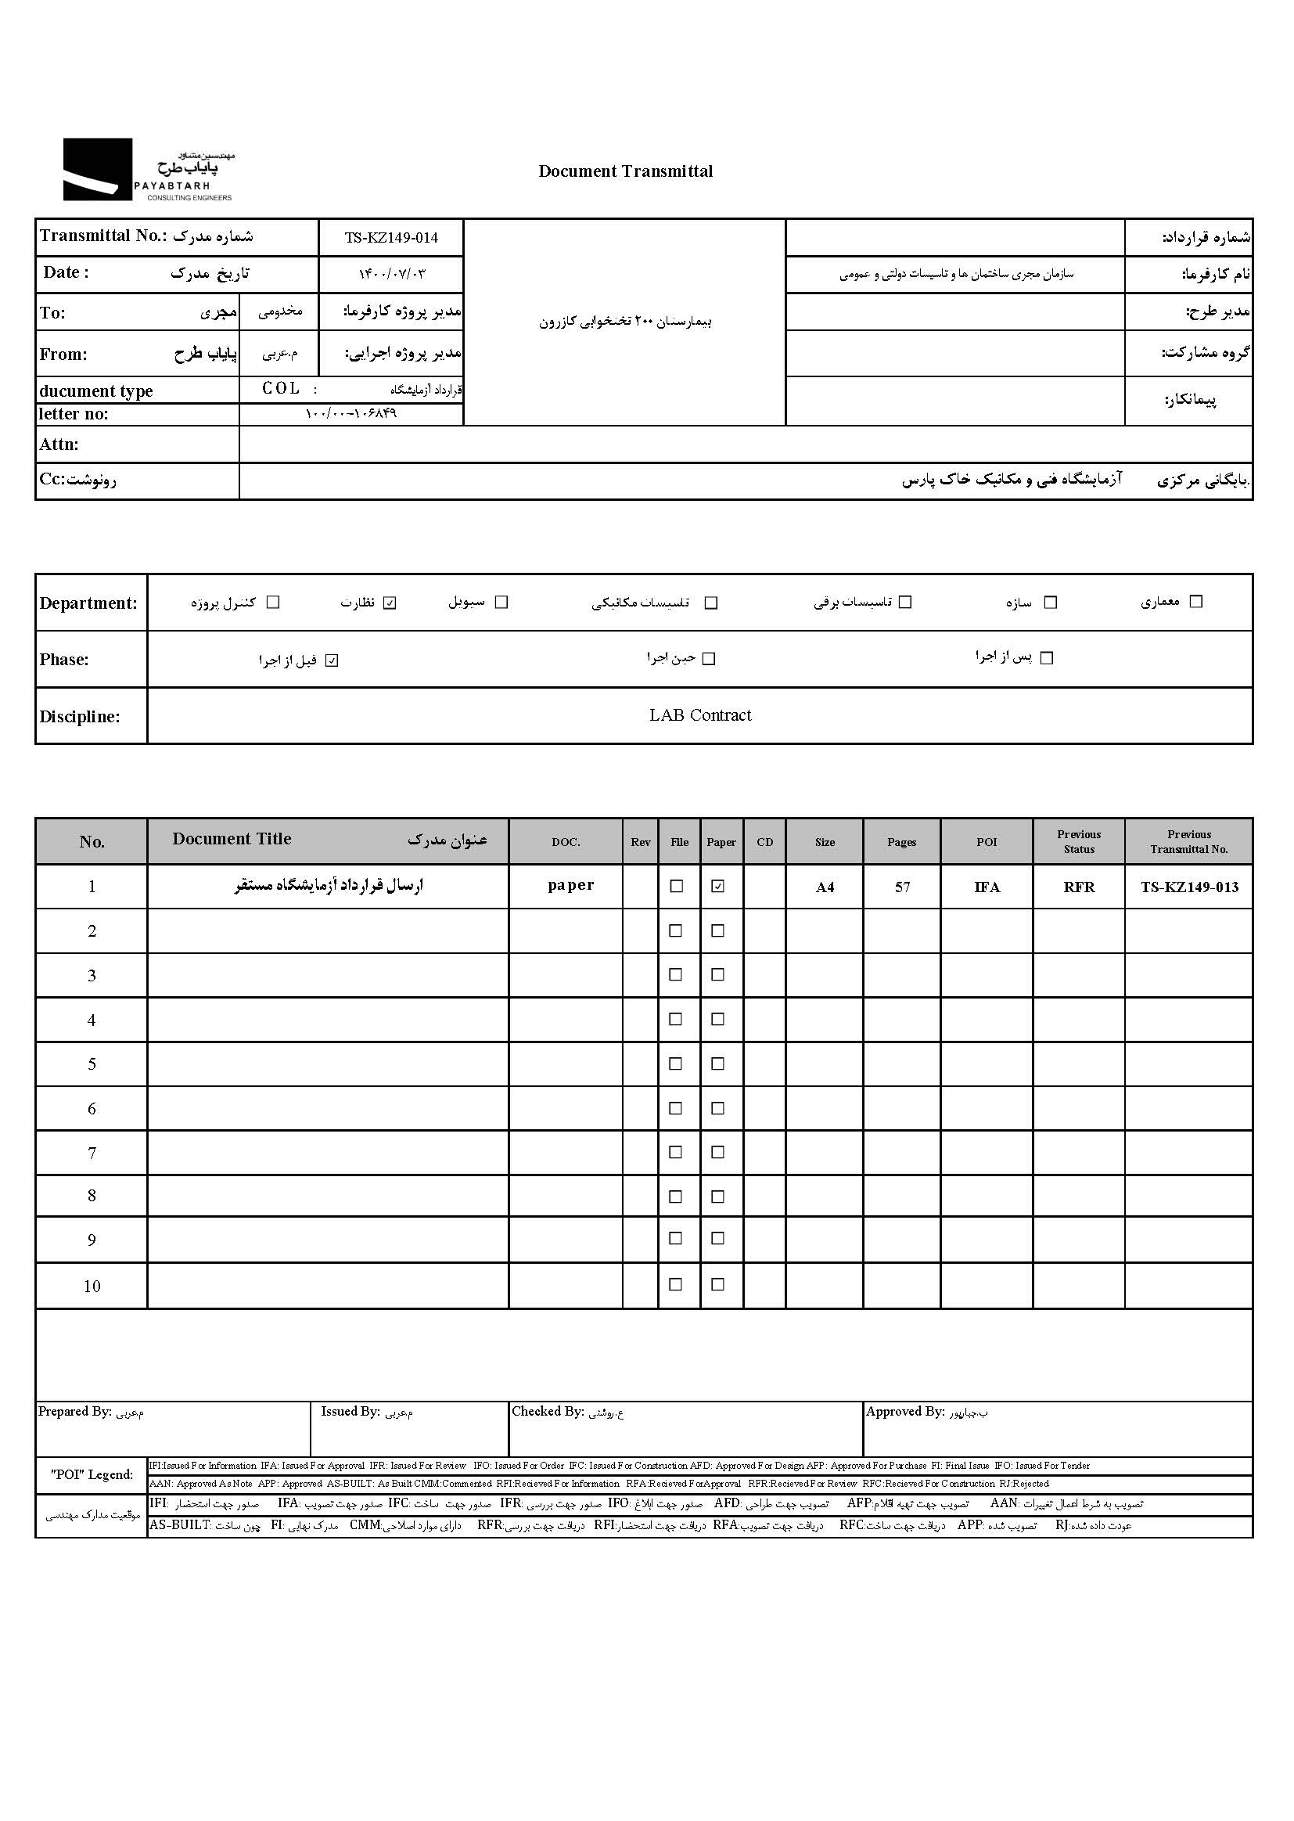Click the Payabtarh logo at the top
pyautogui.click(x=147, y=170)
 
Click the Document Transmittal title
pyautogui.click(x=626, y=171)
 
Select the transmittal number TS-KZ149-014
pyautogui.click(x=391, y=237)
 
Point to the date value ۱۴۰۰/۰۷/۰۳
pyautogui.click(x=391, y=274)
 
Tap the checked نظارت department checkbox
pyautogui.click(x=390, y=603)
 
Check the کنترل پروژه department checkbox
pyautogui.click(x=273, y=603)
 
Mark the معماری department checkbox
pyautogui.click(x=1195, y=602)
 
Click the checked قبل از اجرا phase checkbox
pyautogui.click(x=332, y=660)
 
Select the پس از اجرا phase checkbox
pyautogui.click(x=1047, y=658)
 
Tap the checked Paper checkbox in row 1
pyautogui.click(x=718, y=886)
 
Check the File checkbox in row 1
pyautogui.click(x=677, y=886)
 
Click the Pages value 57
pyautogui.click(x=902, y=887)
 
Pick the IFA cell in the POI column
pyautogui.click(x=987, y=887)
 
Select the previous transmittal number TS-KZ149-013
pyautogui.click(x=1189, y=887)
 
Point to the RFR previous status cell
pyautogui.click(x=1079, y=887)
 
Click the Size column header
pyautogui.click(x=825, y=842)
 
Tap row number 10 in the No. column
pyautogui.click(x=92, y=1287)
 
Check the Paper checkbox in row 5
pyautogui.click(x=718, y=1064)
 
